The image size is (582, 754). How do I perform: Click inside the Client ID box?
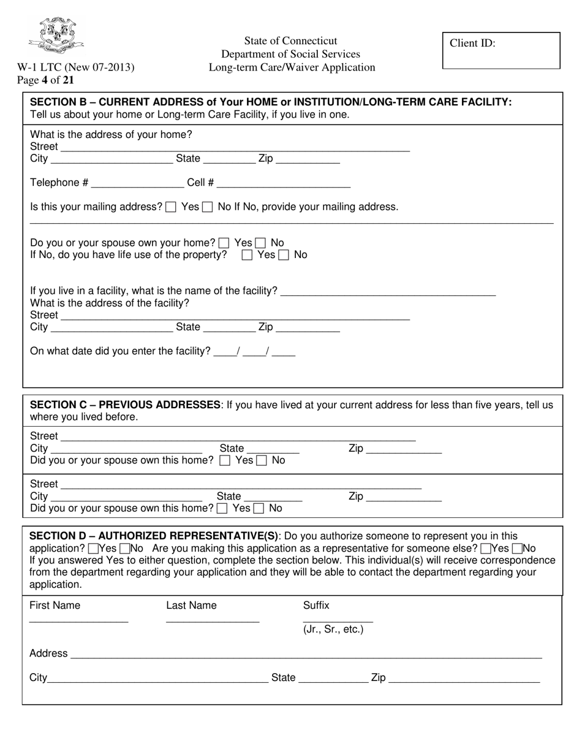[501, 50]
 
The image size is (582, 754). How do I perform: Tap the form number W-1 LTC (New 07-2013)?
[75, 67]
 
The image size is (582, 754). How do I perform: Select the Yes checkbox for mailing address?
[172, 207]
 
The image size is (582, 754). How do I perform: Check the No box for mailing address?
[208, 207]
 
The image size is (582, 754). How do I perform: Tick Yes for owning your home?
[225, 243]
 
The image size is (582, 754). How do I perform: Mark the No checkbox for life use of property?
[284, 255]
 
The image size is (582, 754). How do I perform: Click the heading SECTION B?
[271, 102]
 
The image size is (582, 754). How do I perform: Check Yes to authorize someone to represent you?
[94, 549]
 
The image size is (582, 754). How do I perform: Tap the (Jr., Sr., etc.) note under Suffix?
[333, 630]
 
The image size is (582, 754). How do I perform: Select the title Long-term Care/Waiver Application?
[292, 67]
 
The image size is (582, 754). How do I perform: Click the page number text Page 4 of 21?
[46, 80]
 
